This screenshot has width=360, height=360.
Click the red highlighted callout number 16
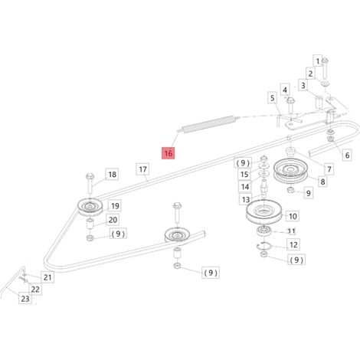coord(169,153)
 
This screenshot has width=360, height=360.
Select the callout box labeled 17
coord(142,169)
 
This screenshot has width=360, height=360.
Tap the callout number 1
coord(317,61)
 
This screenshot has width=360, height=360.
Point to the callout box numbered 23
coord(25,298)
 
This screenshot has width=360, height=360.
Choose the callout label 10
coord(293,216)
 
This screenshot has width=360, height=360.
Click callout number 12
coord(293,244)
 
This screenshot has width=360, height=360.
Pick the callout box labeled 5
coord(273,98)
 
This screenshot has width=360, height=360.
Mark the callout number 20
coord(113,220)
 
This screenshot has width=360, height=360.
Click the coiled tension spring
coord(208,124)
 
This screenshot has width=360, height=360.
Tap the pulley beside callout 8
coord(290,171)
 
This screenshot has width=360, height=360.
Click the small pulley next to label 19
coord(90,207)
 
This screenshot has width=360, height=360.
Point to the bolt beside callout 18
coord(90,183)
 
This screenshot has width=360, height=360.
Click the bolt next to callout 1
coord(325,68)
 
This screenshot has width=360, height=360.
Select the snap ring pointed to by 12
coord(264,245)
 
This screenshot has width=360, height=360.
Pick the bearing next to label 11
coord(264,230)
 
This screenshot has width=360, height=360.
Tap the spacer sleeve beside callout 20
coord(90,224)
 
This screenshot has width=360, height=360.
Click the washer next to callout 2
coord(325,83)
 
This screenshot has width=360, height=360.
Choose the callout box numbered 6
coord(347,155)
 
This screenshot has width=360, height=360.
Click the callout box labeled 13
coord(246,199)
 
